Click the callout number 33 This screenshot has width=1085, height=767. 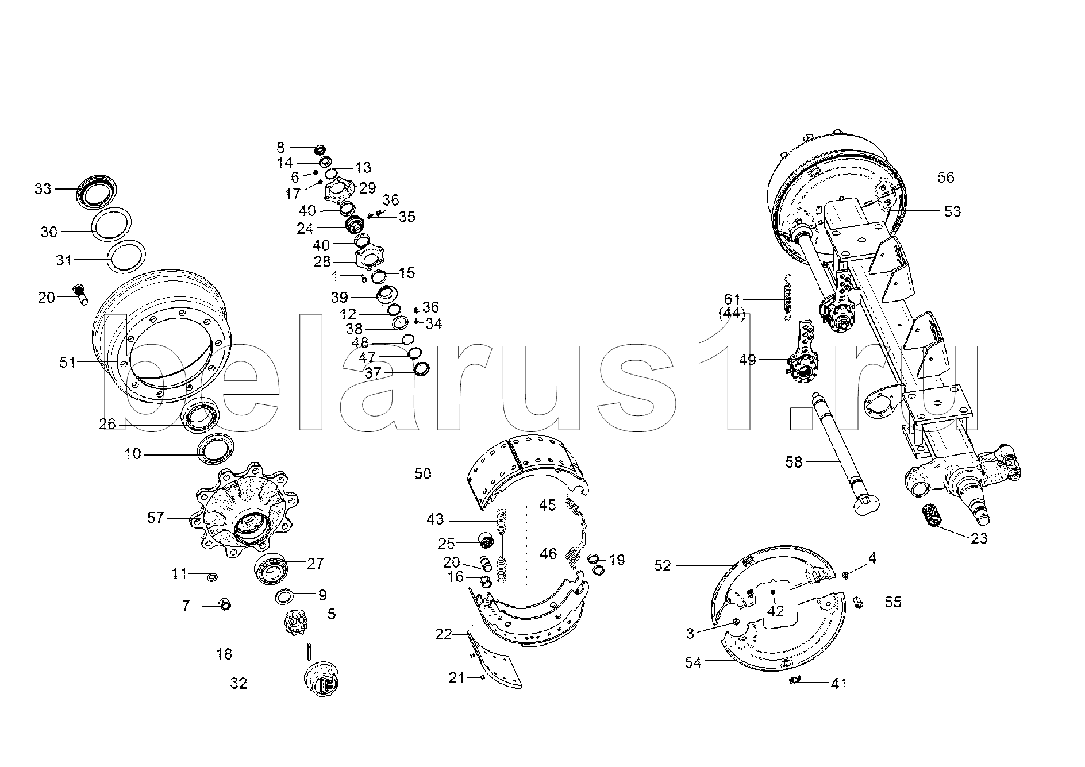[43, 188]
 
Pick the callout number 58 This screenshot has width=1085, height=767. [794, 461]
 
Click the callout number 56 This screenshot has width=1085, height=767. [945, 177]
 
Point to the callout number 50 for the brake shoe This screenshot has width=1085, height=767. [423, 473]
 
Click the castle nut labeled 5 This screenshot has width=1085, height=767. [295, 623]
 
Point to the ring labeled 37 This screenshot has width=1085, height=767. [422, 368]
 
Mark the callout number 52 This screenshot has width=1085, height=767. [663, 565]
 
